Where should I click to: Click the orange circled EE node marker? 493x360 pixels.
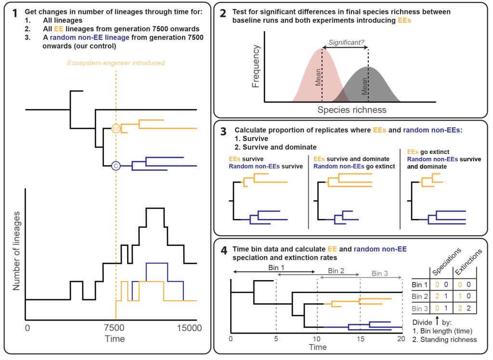[116, 129]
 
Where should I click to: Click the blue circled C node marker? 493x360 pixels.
[116, 166]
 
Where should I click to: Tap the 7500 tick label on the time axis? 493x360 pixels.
[114, 328]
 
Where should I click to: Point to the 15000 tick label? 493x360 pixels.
[189, 328]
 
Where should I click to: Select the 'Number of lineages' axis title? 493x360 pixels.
[16, 251]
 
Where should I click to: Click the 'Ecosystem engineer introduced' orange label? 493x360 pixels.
[116, 63]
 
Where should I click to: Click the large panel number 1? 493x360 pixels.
[14, 13]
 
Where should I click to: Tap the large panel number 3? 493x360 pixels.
[223, 131]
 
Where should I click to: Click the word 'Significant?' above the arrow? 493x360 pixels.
[346, 42]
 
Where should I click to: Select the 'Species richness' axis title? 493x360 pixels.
[352, 110]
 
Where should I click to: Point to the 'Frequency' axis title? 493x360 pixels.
[256, 66]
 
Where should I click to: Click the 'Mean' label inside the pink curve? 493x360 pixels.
[318, 77]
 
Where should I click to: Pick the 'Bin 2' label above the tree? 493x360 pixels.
[336, 270]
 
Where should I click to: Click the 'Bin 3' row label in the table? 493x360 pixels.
[420, 309]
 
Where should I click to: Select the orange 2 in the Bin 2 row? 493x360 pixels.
[437, 296]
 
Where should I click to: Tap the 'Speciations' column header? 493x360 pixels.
[446, 262]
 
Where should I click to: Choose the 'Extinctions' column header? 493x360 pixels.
[468, 262]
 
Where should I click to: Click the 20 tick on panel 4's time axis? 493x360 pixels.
[401, 339]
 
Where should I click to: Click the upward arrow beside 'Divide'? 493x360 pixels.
[437, 321]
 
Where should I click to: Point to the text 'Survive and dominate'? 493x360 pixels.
[280, 147]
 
